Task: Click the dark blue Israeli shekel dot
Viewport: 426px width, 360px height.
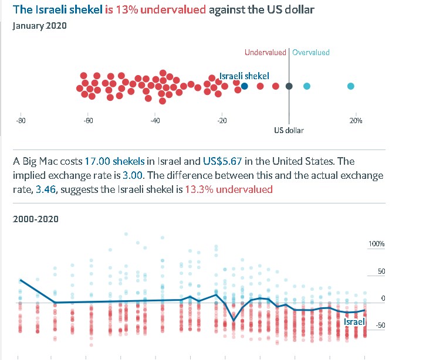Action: (245, 86)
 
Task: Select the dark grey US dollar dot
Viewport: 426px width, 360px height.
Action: (289, 86)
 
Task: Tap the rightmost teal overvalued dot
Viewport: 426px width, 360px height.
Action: (350, 86)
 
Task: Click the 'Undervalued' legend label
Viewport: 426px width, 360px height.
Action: (266, 53)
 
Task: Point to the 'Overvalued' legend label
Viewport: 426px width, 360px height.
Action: (311, 53)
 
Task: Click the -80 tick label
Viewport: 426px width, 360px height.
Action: (20, 120)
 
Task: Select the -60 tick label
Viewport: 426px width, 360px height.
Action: (88, 120)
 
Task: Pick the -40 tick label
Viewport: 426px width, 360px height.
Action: (155, 120)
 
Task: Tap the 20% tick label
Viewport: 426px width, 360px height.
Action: (356, 120)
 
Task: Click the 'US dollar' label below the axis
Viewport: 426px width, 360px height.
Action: (289, 130)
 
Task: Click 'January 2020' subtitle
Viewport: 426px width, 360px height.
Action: (39, 26)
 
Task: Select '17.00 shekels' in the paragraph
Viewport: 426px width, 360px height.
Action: (114, 161)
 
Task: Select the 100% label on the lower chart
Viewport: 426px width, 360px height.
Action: (376, 243)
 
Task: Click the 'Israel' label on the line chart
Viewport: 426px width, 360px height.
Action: (354, 321)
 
